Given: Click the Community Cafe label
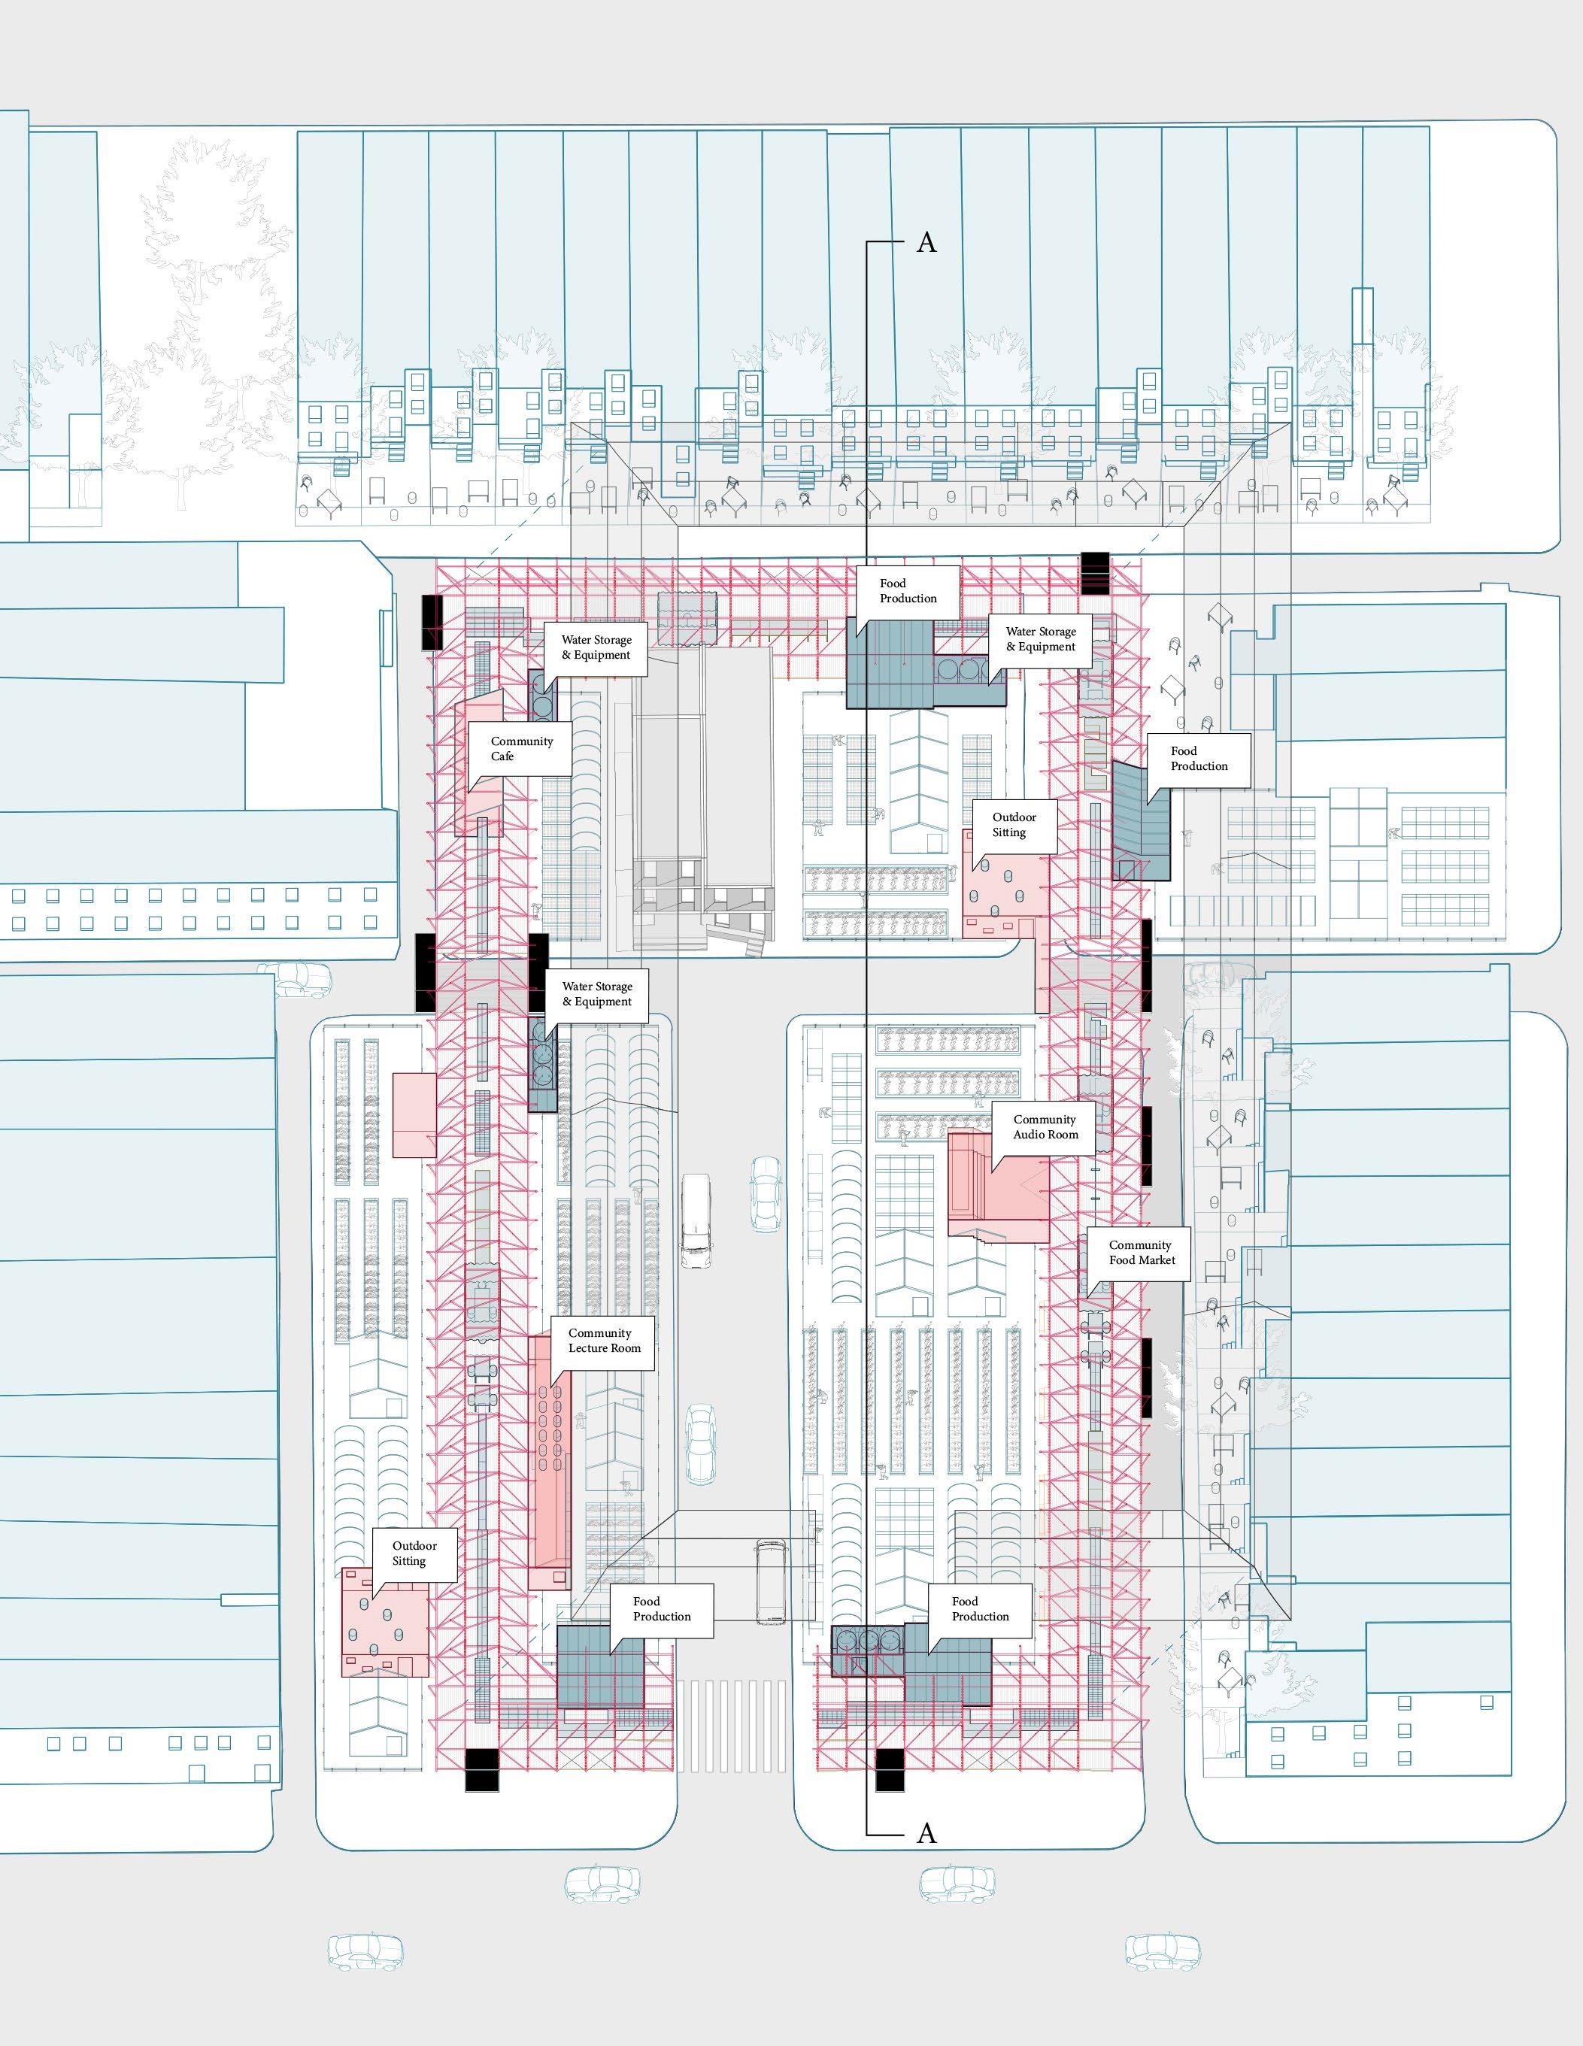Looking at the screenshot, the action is [521, 748].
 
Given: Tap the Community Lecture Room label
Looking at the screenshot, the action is [604, 1341].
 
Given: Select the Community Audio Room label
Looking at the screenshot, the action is [1045, 1127].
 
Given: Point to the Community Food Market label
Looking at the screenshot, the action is [1141, 1253].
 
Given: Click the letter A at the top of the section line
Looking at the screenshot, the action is [926, 243].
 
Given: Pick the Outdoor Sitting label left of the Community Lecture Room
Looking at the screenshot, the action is [414, 1553].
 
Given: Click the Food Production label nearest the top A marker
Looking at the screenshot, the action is [908, 591].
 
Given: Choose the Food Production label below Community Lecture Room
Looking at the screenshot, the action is [661, 1608].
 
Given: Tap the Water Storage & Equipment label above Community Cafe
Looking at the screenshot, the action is [596, 647].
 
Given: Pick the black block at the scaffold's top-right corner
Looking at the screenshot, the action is [1094, 572].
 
